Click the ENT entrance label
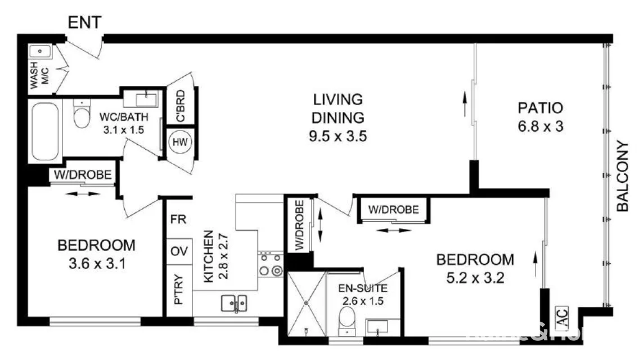coord(84,22)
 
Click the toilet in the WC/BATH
coord(82,114)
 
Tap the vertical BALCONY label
coord(622,176)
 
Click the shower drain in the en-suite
coord(306,303)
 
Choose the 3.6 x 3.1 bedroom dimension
coord(97,263)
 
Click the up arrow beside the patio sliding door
coord(465,105)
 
